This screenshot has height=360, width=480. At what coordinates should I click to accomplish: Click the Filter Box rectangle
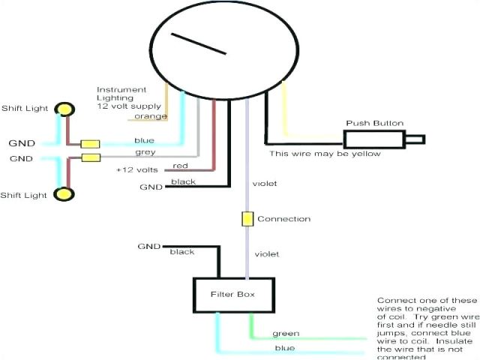tap(232, 295)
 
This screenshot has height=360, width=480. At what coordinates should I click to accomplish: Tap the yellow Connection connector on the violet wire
tap(247, 219)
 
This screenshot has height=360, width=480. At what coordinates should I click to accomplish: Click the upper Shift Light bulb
tap(66, 109)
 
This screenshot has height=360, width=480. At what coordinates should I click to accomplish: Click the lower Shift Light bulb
tap(66, 193)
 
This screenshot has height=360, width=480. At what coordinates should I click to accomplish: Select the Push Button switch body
tap(374, 139)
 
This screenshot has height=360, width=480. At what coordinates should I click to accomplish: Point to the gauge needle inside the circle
tap(199, 44)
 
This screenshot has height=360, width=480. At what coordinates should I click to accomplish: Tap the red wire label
tap(180, 166)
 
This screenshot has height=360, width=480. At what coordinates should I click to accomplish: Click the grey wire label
tap(145, 151)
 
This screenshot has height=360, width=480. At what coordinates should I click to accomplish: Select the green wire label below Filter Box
tap(286, 334)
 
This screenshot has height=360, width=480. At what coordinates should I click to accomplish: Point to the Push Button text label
tap(374, 123)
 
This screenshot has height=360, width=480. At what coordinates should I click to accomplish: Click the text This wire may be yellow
tap(325, 154)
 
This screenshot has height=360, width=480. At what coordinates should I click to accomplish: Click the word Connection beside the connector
tap(283, 219)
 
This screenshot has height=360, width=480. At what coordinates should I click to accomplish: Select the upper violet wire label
tap(265, 182)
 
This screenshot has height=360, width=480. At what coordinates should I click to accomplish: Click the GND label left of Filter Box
tap(148, 246)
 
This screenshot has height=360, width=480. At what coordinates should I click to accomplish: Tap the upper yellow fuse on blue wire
tap(91, 143)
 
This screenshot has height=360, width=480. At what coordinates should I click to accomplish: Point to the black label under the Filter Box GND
tap(182, 252)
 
